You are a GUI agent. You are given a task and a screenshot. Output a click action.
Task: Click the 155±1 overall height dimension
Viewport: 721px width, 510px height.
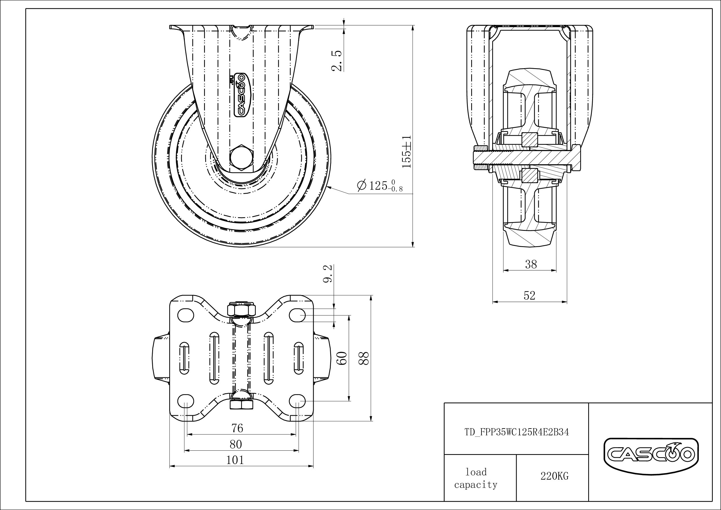tap(407, 152)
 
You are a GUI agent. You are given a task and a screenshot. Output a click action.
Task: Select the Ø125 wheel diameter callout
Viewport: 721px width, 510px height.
tap(380, 185)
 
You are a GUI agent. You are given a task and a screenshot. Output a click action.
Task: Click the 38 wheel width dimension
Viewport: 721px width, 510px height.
tap(531, 264)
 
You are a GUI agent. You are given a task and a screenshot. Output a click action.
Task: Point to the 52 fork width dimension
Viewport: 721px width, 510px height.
tap(529, 295)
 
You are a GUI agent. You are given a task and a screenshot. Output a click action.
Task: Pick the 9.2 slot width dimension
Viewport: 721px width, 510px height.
tap(328, 273)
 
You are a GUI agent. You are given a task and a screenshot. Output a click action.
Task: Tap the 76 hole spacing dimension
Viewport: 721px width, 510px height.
tap(237, 428)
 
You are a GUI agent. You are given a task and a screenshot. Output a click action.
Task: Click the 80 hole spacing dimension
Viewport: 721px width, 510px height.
tap(236, 444)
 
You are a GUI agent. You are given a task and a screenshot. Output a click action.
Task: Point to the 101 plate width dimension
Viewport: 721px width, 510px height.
tap(235, 460)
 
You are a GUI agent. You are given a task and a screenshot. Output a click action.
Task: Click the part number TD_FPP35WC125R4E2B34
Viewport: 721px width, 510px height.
tap(517, 432)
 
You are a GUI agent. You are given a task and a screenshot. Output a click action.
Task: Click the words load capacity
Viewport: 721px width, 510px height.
tap(476, 478)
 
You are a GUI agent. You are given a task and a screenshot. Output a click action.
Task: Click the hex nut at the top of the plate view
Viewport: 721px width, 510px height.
tap(241, 310)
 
